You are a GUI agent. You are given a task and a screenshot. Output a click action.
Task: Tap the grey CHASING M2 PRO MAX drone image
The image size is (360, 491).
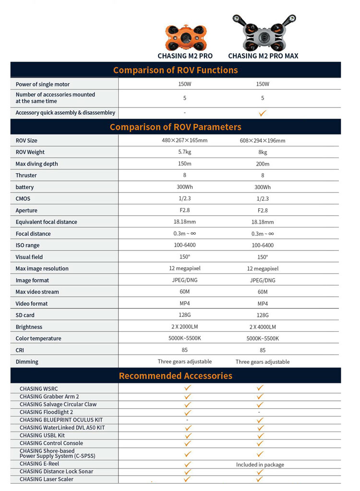pos(263,34)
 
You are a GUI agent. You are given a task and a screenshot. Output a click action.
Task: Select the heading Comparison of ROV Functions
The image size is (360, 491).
pos(175,70)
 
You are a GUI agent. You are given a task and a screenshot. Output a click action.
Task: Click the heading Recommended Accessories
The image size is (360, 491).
pos(175,376)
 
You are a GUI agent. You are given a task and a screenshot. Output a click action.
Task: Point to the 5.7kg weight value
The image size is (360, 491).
pos(185,152)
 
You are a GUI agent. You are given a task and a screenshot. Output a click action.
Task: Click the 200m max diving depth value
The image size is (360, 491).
pos(263,164)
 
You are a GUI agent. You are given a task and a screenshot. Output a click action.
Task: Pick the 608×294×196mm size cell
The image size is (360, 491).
pos(263,141)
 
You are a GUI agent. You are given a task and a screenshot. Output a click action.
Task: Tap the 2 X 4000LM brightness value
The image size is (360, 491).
pos(263,327)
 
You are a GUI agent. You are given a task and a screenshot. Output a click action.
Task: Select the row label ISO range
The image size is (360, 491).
pos(27,245)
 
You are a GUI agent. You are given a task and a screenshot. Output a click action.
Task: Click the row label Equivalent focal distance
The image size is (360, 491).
pos(46,222)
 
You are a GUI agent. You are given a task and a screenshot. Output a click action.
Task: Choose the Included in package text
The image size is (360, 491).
pos(260,465)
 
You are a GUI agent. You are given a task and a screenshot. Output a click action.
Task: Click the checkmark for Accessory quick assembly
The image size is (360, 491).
pos(263,114)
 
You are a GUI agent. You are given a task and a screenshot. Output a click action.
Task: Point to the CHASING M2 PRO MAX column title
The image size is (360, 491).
pos(263,56)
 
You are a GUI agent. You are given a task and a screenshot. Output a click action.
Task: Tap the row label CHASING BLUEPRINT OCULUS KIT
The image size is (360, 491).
pos(61,420)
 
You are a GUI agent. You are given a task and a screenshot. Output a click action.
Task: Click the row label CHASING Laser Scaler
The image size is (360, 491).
pos(47,479)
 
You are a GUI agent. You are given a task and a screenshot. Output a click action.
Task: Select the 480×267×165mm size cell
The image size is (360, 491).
pos(185,140)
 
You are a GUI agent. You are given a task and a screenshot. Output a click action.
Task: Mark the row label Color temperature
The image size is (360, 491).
pos(38,339)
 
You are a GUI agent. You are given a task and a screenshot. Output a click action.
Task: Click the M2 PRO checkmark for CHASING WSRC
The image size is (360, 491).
pos(188,388)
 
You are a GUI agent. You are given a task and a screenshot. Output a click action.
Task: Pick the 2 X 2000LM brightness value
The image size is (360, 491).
pos(185,327)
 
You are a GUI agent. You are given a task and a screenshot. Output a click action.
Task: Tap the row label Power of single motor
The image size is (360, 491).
pos(43,84)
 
